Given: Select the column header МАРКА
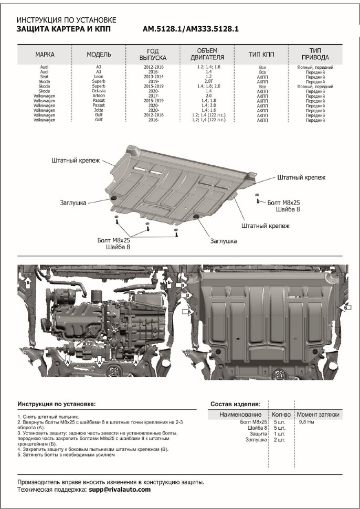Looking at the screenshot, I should (x=45, y=54).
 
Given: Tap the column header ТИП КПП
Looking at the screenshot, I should (x=262, y=54).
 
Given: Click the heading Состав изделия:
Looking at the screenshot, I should (x=235, y=404).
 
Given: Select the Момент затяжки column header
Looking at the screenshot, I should (x=318, y=415).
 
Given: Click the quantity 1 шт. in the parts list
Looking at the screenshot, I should (x=279, y=433).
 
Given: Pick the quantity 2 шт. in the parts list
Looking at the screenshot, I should (x=279, y=440).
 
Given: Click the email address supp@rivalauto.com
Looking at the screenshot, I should (x=119, y=489).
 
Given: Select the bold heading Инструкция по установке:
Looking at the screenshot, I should (x=57, y=404).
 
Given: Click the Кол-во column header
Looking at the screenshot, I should (x=282, y=415).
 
